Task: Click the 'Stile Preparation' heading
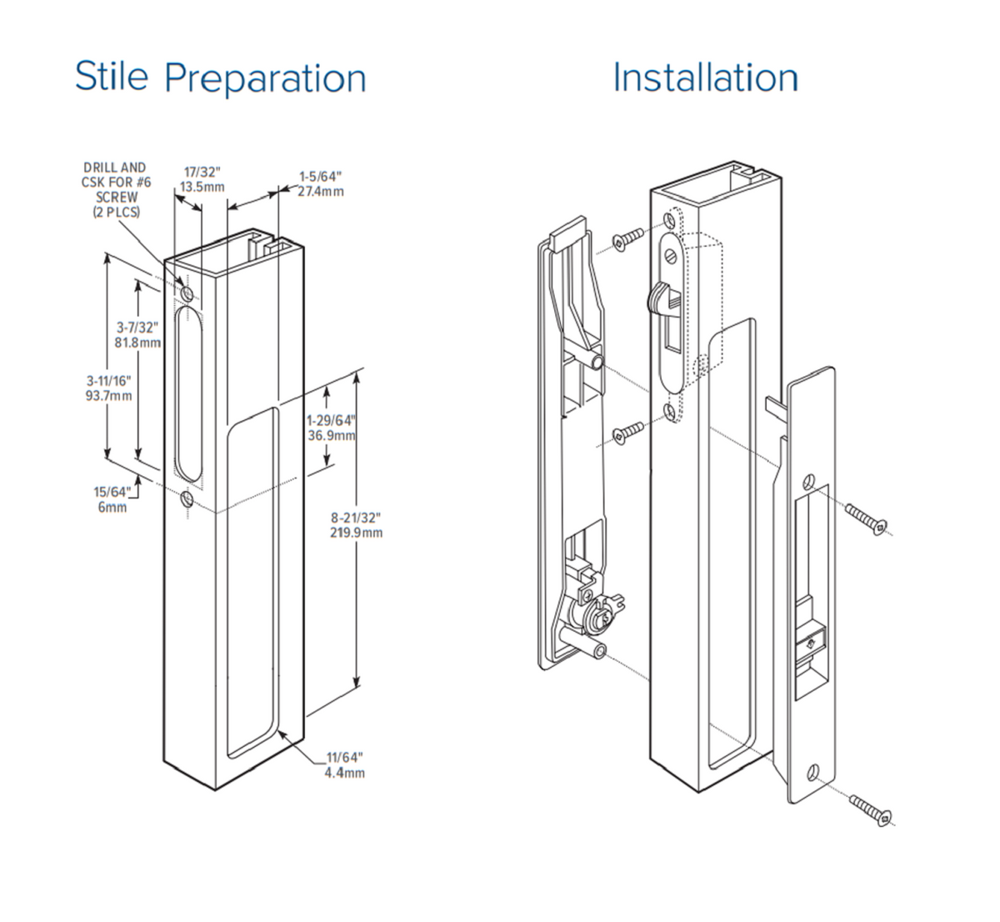[x=220, y=77]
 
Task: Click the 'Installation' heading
[x=705, y=78]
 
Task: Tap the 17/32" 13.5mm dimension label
[x=202, y=179]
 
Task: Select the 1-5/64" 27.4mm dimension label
[x=321, y=184]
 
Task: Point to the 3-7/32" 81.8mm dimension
[x=137, y=334]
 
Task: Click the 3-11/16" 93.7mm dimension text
[x=108, y=388]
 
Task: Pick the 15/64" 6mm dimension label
[x=112, y=499]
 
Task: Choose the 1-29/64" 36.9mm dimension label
[x=331, y=428]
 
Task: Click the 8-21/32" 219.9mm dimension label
[x=357, y=525]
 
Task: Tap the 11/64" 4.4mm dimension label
[x=344, y=764]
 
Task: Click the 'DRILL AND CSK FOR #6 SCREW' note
[x=116, y=190]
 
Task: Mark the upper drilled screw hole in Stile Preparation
[x=187, y=293]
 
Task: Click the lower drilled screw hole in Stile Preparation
[x=187, y=499]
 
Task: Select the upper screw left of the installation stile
[x=627, y=238]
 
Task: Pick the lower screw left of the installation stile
[x=627, y=433]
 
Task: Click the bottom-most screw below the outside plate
[x=871, y=811]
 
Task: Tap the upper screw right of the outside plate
[x=867, y=517]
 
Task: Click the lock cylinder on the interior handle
[x=598, y=617]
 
